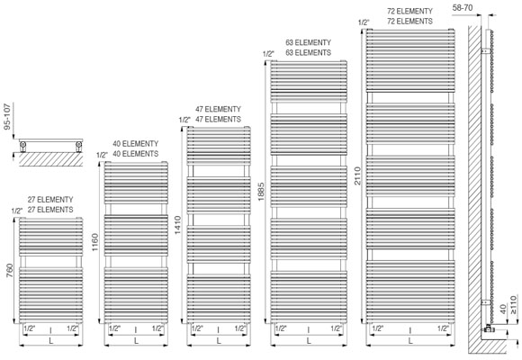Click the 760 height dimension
point(9,271)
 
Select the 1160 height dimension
point(94,242)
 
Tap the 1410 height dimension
point(178,225)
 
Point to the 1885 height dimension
point(261,191)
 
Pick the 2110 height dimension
point(357,175)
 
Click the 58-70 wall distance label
point(463,8)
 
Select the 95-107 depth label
point(8,116)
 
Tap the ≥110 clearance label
point(514,305)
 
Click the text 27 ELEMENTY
point(50,200)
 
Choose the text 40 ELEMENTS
point(136,154)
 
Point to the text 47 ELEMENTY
point(218,109)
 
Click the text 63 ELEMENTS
point(309,52)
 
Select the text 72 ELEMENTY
point(409,12)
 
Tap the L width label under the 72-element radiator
point(410,341)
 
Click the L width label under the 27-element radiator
point(51,341)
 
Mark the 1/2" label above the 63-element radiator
point(268,54)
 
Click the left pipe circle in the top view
point(23,145)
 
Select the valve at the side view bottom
point(488,328)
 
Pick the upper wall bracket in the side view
point(486,51)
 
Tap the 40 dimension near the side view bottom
point(503,310)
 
